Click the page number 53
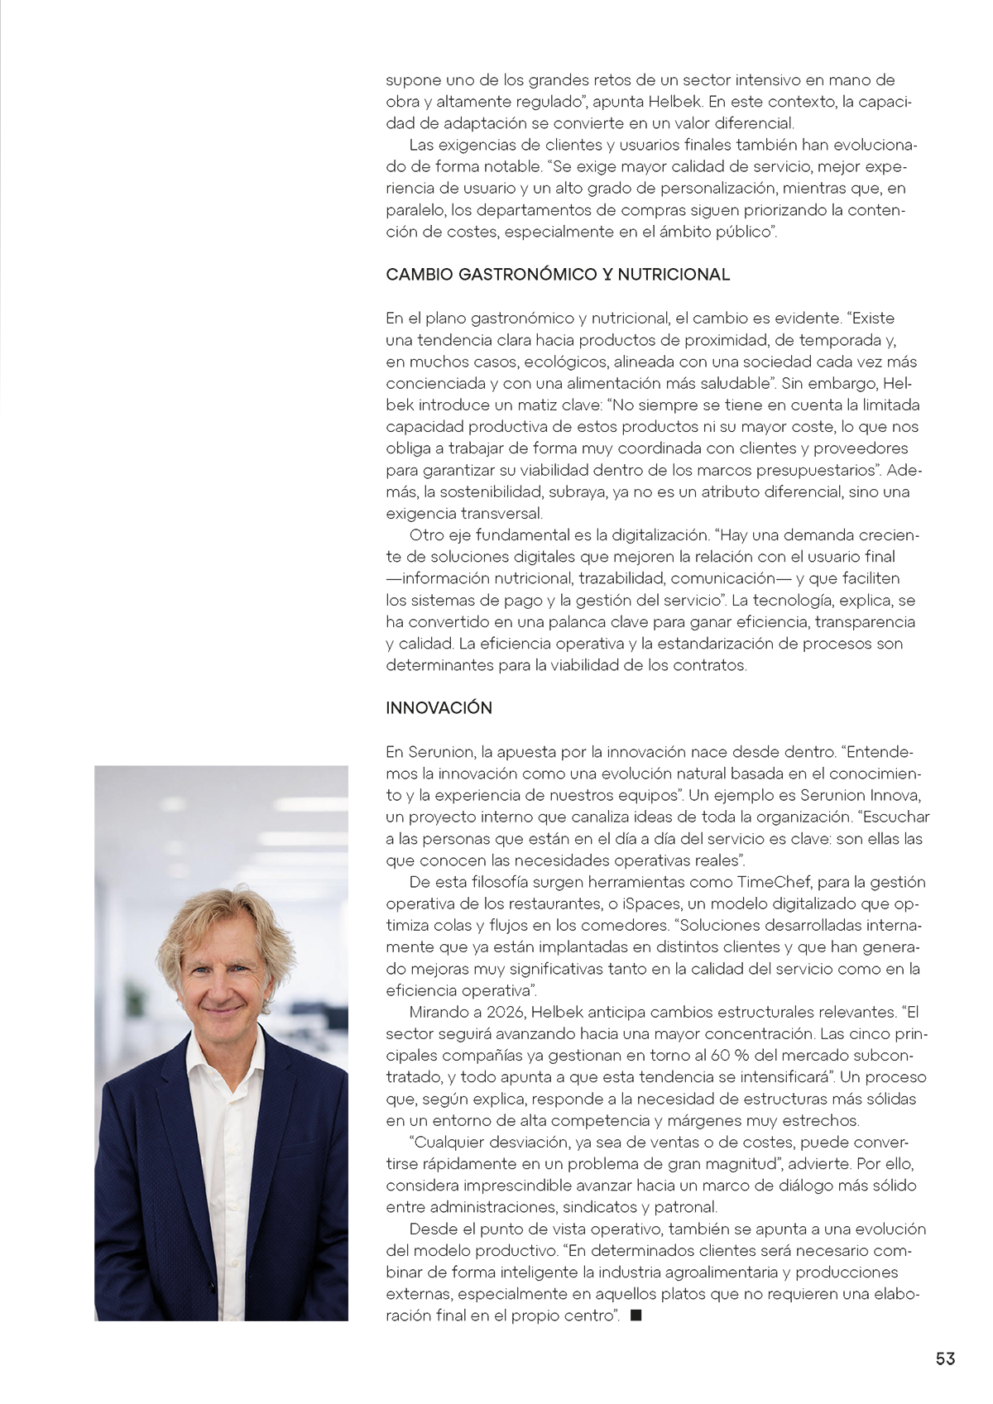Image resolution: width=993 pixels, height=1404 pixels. [945, 1358]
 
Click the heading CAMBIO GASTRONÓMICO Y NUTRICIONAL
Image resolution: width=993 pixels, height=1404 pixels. [558, 275]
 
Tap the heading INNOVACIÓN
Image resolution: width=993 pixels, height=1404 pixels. [439, 708]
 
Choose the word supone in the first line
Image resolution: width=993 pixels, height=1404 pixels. [413, 80]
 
